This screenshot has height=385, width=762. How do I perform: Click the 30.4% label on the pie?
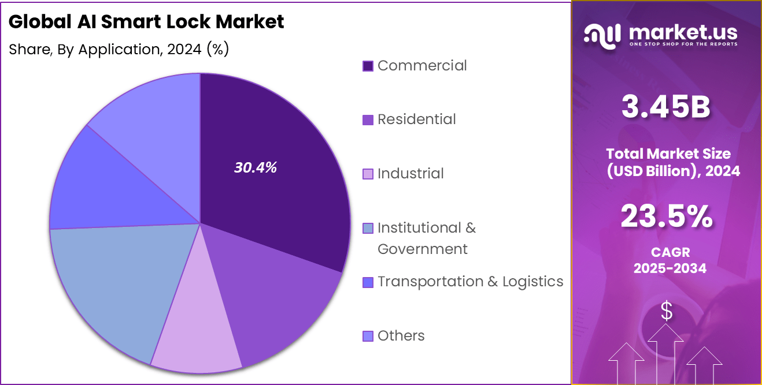point(256,167)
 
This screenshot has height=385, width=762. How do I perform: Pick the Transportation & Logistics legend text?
point(470,282)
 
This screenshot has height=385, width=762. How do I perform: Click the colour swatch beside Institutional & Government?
point(368,229)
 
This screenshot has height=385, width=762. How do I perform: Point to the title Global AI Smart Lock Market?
point(146,22)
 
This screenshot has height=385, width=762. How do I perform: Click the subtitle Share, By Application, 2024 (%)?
point(119,50)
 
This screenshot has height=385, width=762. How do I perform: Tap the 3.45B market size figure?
point(666,108)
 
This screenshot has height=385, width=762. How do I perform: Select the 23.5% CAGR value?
point(666,217)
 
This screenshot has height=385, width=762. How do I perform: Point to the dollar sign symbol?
point(667,312)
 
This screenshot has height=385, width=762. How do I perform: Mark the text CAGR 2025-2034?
point(669,260)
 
